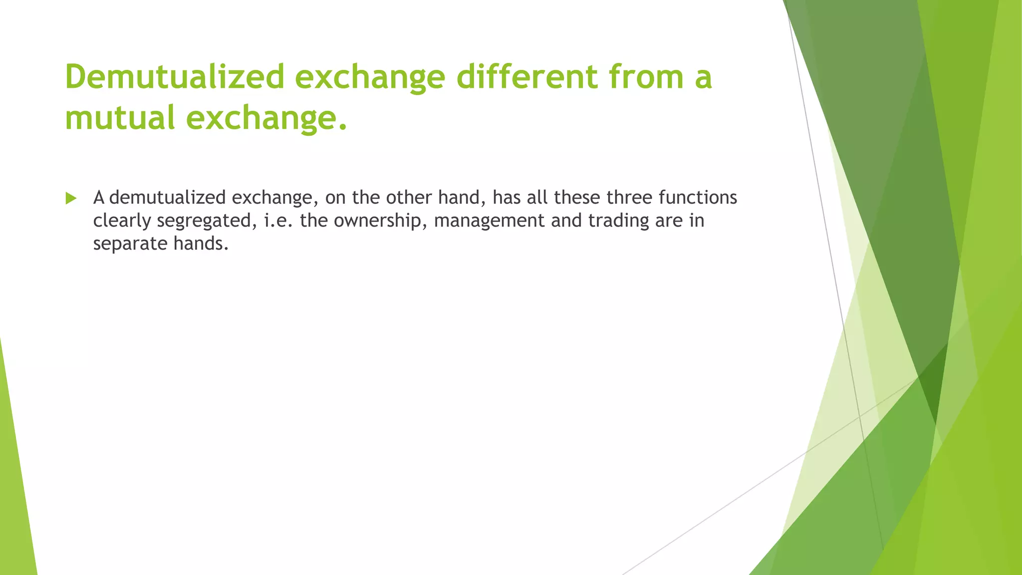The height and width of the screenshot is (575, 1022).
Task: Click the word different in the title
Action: point(526,77)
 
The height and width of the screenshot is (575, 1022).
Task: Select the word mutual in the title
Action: point(120,118)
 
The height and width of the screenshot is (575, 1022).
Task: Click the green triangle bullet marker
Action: point(71,199)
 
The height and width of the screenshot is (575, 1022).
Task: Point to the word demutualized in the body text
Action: point(167,198)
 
